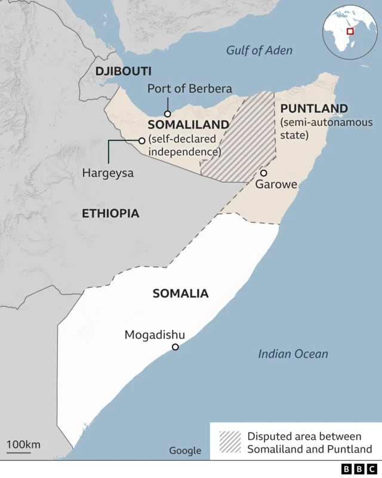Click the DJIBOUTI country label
[x=123, y=71]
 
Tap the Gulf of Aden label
[x=259, y=50]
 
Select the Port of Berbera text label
[x=189, y=89]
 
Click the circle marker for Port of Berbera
[x=168, y=114]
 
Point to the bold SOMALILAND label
[x=188, y=124]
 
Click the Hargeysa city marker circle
[x=141, y=141]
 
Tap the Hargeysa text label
[x=108, y=173]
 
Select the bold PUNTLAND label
[x=314, y=108]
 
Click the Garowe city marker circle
[x=263, y=173]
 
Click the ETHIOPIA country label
[x=110, y=213]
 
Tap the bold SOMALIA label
[x=180, y=293]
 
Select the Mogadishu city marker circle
[x=175, y=347]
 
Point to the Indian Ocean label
[x=292, y=354]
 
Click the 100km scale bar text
[x=23, y=444]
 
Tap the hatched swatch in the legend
[x=230, y=442]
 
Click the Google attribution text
[x=185, y=451]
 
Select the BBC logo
[x=359, y=469]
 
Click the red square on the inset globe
[x=350, y=31]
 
